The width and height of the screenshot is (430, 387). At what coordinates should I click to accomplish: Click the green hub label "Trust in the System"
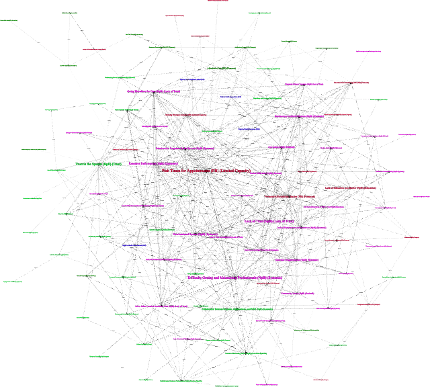tap(98, 163)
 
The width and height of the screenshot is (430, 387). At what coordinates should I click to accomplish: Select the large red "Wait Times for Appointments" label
tap(206, 171)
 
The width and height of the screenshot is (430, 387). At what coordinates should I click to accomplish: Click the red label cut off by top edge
tap(218, 1)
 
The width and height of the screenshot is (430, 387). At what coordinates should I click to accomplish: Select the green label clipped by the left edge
tap(8, 20)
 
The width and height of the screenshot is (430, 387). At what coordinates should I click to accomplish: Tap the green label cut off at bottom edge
tap(227, 386)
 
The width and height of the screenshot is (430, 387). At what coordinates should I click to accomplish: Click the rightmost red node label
tap(412, 237)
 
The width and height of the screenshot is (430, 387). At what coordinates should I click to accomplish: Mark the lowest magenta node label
tap(291, 367)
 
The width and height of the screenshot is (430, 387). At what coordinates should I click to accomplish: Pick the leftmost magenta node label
tap(78, 133)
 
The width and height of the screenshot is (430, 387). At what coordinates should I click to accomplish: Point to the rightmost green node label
tap(395, 277)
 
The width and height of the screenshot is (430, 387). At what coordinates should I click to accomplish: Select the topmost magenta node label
tap(368, 51)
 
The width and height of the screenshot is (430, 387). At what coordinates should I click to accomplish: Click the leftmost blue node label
tap(134, 245)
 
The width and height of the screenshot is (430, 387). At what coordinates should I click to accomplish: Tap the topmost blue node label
tap(191, 80)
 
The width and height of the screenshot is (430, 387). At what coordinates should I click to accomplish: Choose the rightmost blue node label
tap(249, 130)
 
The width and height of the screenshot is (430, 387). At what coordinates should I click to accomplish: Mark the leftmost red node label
tap(94, 49)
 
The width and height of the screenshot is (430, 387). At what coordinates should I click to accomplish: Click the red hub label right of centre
tap(348, 188)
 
